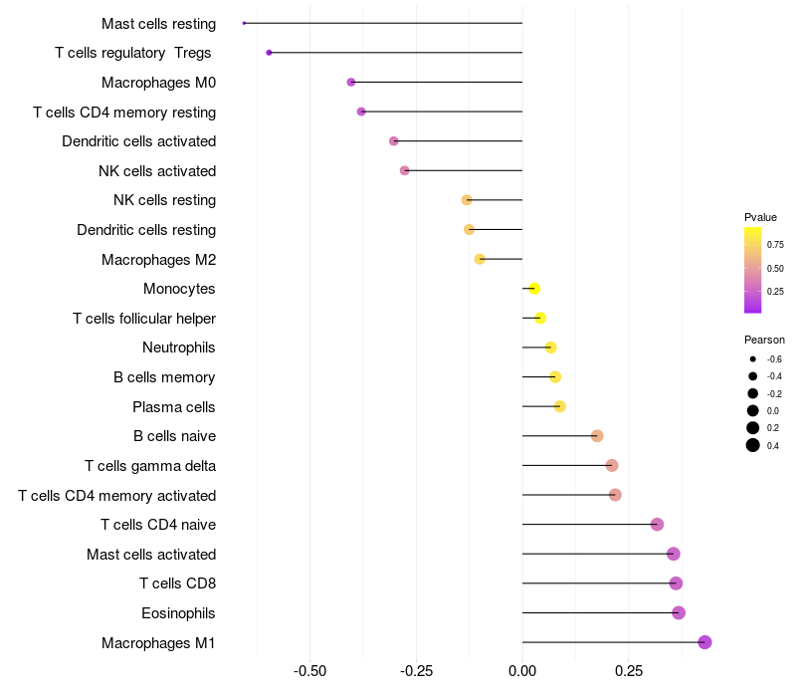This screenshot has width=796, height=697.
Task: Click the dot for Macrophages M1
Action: coord(704,642)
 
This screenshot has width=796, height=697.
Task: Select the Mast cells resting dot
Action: coord(244,23)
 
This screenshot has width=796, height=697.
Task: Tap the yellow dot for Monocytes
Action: coord(534,289)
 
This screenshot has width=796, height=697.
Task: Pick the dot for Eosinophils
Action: coord(679,612)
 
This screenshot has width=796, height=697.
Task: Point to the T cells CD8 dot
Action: coord(676,583)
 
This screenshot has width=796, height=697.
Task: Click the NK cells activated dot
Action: coord(405,170)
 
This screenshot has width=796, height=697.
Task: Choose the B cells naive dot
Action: coord(597,436)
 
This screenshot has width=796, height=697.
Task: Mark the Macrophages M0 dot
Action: coord(351,83)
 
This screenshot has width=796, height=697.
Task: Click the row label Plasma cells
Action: coord(174,407)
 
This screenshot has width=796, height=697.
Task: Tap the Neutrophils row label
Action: coord(179,348)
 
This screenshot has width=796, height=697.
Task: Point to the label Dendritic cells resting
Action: coord(146,230)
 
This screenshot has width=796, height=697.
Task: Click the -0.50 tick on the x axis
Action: coord(310,672)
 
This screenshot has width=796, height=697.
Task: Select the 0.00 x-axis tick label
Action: coord(522,672)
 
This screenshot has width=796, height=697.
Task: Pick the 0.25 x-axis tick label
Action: coord(629,672)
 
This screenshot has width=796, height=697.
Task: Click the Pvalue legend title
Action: coord(760,217)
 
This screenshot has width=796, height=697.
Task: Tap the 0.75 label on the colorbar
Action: coord(775,244)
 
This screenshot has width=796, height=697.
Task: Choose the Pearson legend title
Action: coord(764,340)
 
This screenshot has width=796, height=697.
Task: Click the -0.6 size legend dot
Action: coord(753,358)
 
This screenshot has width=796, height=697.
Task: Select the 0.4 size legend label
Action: coord(773,445)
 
